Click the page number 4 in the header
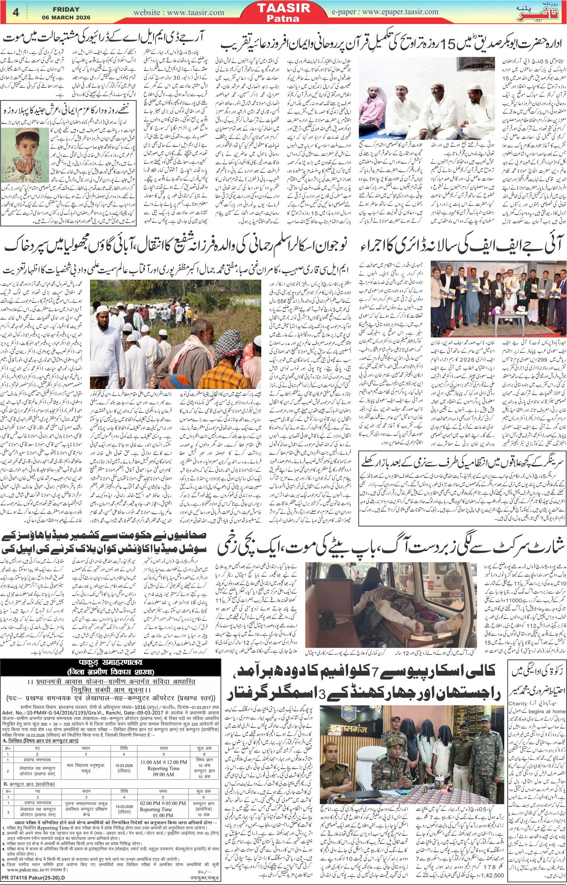[x=15, y=12]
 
